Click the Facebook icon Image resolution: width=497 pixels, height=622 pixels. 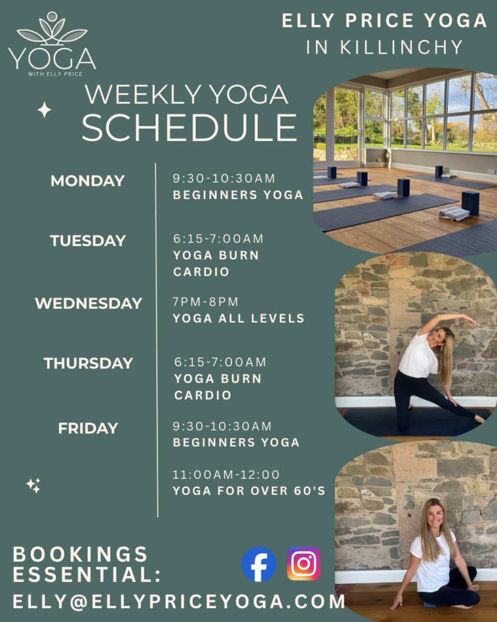pos(259,564)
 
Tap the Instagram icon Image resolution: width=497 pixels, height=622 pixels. pos(303,564)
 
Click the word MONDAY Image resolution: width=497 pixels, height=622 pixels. pos(87,181)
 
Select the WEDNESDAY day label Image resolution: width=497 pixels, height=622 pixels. pos(89,304)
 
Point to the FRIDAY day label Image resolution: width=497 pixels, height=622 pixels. pos(88,428)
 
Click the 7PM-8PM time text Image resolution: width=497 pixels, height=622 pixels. pos(205,302)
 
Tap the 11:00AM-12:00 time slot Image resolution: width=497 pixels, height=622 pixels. pos(226,474)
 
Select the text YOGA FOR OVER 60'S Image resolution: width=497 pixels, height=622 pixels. pos(249,491)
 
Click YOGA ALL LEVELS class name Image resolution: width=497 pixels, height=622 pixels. pos(238,318)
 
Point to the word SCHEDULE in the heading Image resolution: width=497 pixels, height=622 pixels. pos(189,128)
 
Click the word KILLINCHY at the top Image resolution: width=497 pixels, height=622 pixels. pos(402,47)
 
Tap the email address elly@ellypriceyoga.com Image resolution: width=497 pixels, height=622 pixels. pos(179,602)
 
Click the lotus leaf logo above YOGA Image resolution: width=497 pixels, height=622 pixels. pos(52,31)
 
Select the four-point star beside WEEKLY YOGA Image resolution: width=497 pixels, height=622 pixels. pos(44,110)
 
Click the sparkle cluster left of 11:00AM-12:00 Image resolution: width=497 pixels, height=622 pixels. pos(34,485)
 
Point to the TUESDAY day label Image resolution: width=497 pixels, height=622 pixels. pos(88,241)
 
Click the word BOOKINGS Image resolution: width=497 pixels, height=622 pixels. pos(81,554)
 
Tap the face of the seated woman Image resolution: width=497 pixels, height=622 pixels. pos(435,515)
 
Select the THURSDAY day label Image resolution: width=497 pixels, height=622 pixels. pos(89,363)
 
